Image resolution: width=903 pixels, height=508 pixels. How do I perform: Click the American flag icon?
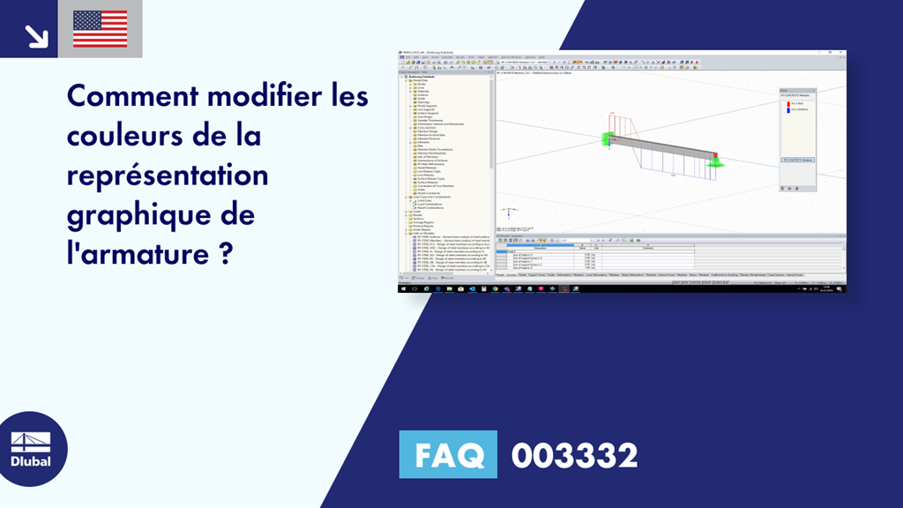click(x=100, y=29)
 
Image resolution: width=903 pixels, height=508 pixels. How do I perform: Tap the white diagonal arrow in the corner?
click(x=35, y=34)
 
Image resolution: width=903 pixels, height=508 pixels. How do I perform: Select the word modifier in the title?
click(x=265, y=95)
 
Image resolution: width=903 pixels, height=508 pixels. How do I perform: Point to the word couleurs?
click(x=124, y=137)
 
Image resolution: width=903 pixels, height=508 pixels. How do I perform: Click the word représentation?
click(x=167, y=176)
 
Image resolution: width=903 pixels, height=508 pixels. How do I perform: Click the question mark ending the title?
click(x=226, y=254)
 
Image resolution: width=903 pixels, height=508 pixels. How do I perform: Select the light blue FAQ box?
click(x=448, y=456)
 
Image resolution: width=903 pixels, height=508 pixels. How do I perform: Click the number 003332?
click(x=575, y=456)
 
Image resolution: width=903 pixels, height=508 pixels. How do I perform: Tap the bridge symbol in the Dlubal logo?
click(x=30, y=442)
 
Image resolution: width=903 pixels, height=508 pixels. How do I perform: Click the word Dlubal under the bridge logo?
click(x=30, y=461)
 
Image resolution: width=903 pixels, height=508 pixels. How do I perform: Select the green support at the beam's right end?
click(x=716, y=161)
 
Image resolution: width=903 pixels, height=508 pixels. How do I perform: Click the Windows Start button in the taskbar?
click(x=402, y=288)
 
